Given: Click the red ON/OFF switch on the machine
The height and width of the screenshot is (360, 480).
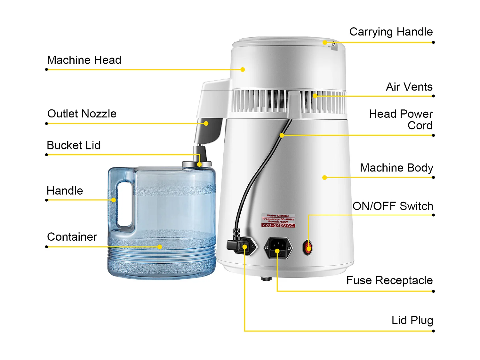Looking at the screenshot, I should point(308,248).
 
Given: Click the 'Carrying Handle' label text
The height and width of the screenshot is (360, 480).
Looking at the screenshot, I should point(391,32).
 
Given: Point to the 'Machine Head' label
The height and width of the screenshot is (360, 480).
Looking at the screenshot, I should point(84,60).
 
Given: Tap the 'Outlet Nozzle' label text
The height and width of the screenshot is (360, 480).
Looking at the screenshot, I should point(82,114).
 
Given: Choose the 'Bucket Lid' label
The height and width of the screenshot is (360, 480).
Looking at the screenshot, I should point(74,145).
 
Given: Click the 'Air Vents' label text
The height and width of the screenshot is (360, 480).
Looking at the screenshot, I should point(409,87).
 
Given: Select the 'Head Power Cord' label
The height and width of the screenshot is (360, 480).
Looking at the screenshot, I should point(401,120).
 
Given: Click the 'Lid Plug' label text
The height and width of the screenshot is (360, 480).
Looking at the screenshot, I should point(412,320).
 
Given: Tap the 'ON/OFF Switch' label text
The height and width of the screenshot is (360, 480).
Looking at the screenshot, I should point(393,206).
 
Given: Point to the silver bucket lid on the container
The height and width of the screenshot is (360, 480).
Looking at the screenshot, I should point(196,164).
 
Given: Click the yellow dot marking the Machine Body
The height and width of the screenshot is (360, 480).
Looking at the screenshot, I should point(324,178).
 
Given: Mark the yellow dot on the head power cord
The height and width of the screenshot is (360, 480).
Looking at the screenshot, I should point(282,135).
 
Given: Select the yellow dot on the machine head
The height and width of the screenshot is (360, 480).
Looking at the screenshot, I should point(243,69).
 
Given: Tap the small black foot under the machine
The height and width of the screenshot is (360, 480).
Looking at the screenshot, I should point(266,279).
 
